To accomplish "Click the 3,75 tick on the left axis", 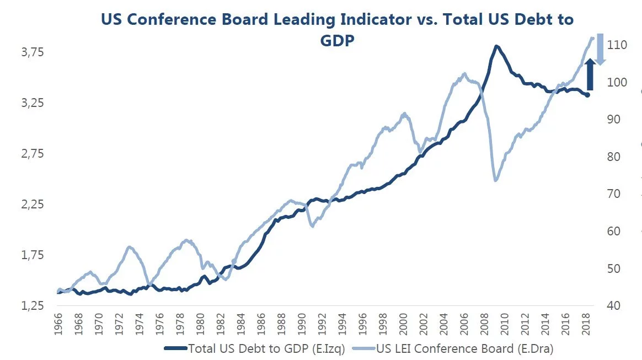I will coord(33,52).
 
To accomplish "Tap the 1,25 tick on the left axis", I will coord(33,307).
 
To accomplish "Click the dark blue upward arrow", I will coord(589,74).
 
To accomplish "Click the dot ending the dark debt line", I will coord(587,95).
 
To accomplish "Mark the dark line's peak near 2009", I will coord(496,46).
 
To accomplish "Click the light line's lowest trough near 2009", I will coord(495,180).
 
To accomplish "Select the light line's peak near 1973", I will coord(130,247).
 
